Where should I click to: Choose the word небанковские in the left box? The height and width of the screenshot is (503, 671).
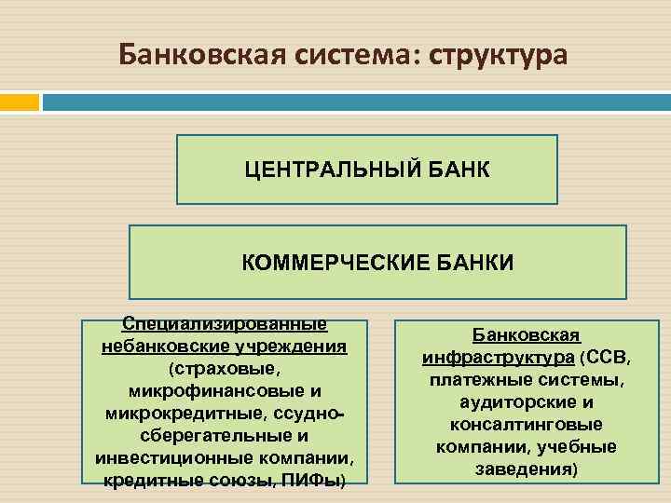[170, 347]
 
